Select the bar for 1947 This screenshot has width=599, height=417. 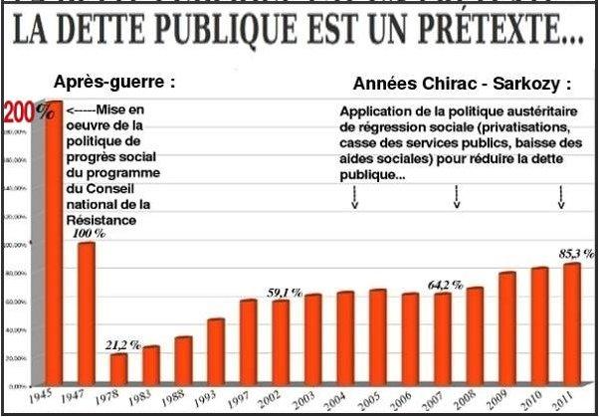86,313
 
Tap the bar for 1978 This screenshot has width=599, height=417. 117,368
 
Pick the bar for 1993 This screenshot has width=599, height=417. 215,351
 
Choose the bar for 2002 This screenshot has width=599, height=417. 281,342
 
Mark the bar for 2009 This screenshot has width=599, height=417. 506,328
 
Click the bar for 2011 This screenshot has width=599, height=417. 571,323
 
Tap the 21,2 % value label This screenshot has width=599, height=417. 122,344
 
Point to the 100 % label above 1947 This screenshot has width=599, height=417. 88,232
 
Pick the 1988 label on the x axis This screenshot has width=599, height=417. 178,397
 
